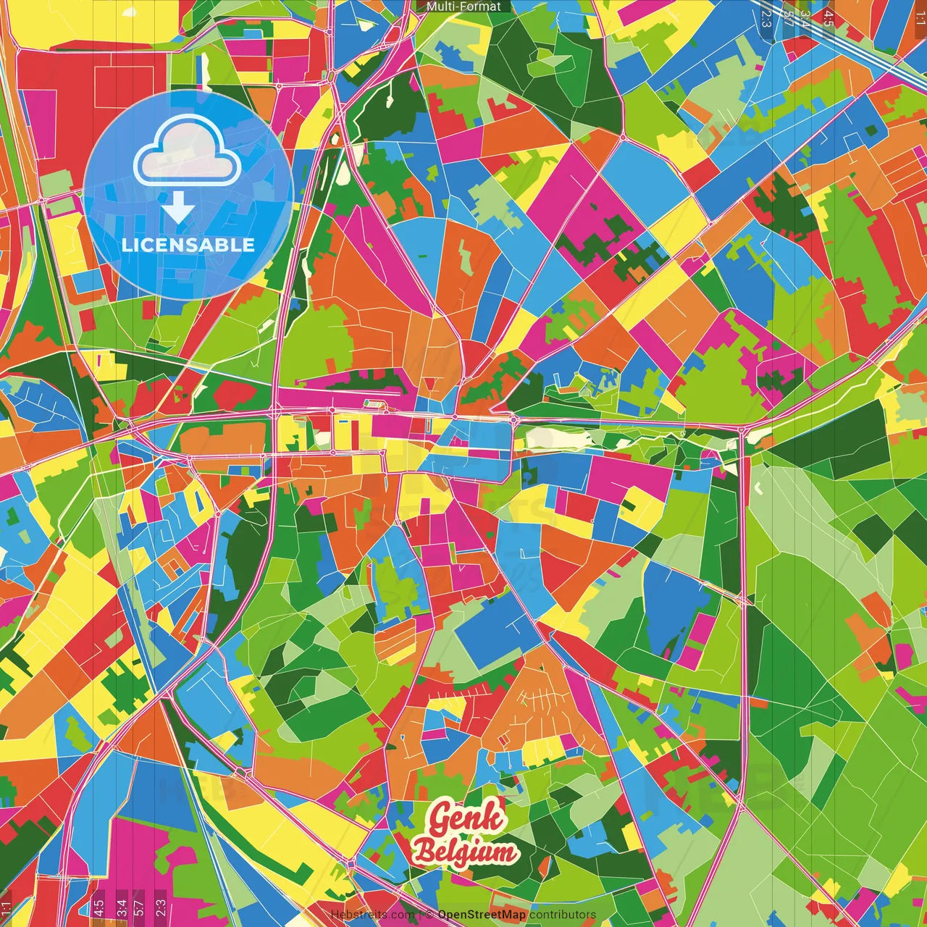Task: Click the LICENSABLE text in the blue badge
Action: tap(188, 245)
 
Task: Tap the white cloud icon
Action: tap(188, 153)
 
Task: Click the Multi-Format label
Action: tap(463, 7)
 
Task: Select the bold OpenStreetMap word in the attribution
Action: tap(482, 915)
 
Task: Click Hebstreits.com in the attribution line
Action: tap(373, 915)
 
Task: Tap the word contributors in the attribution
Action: tap(563, 915)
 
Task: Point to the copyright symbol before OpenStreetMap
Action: tap(429, 915)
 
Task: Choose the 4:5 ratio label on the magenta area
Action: tap(98, 907)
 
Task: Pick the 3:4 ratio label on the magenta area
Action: tap(122, 907)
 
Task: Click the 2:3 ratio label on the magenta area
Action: tap(161, 907)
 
